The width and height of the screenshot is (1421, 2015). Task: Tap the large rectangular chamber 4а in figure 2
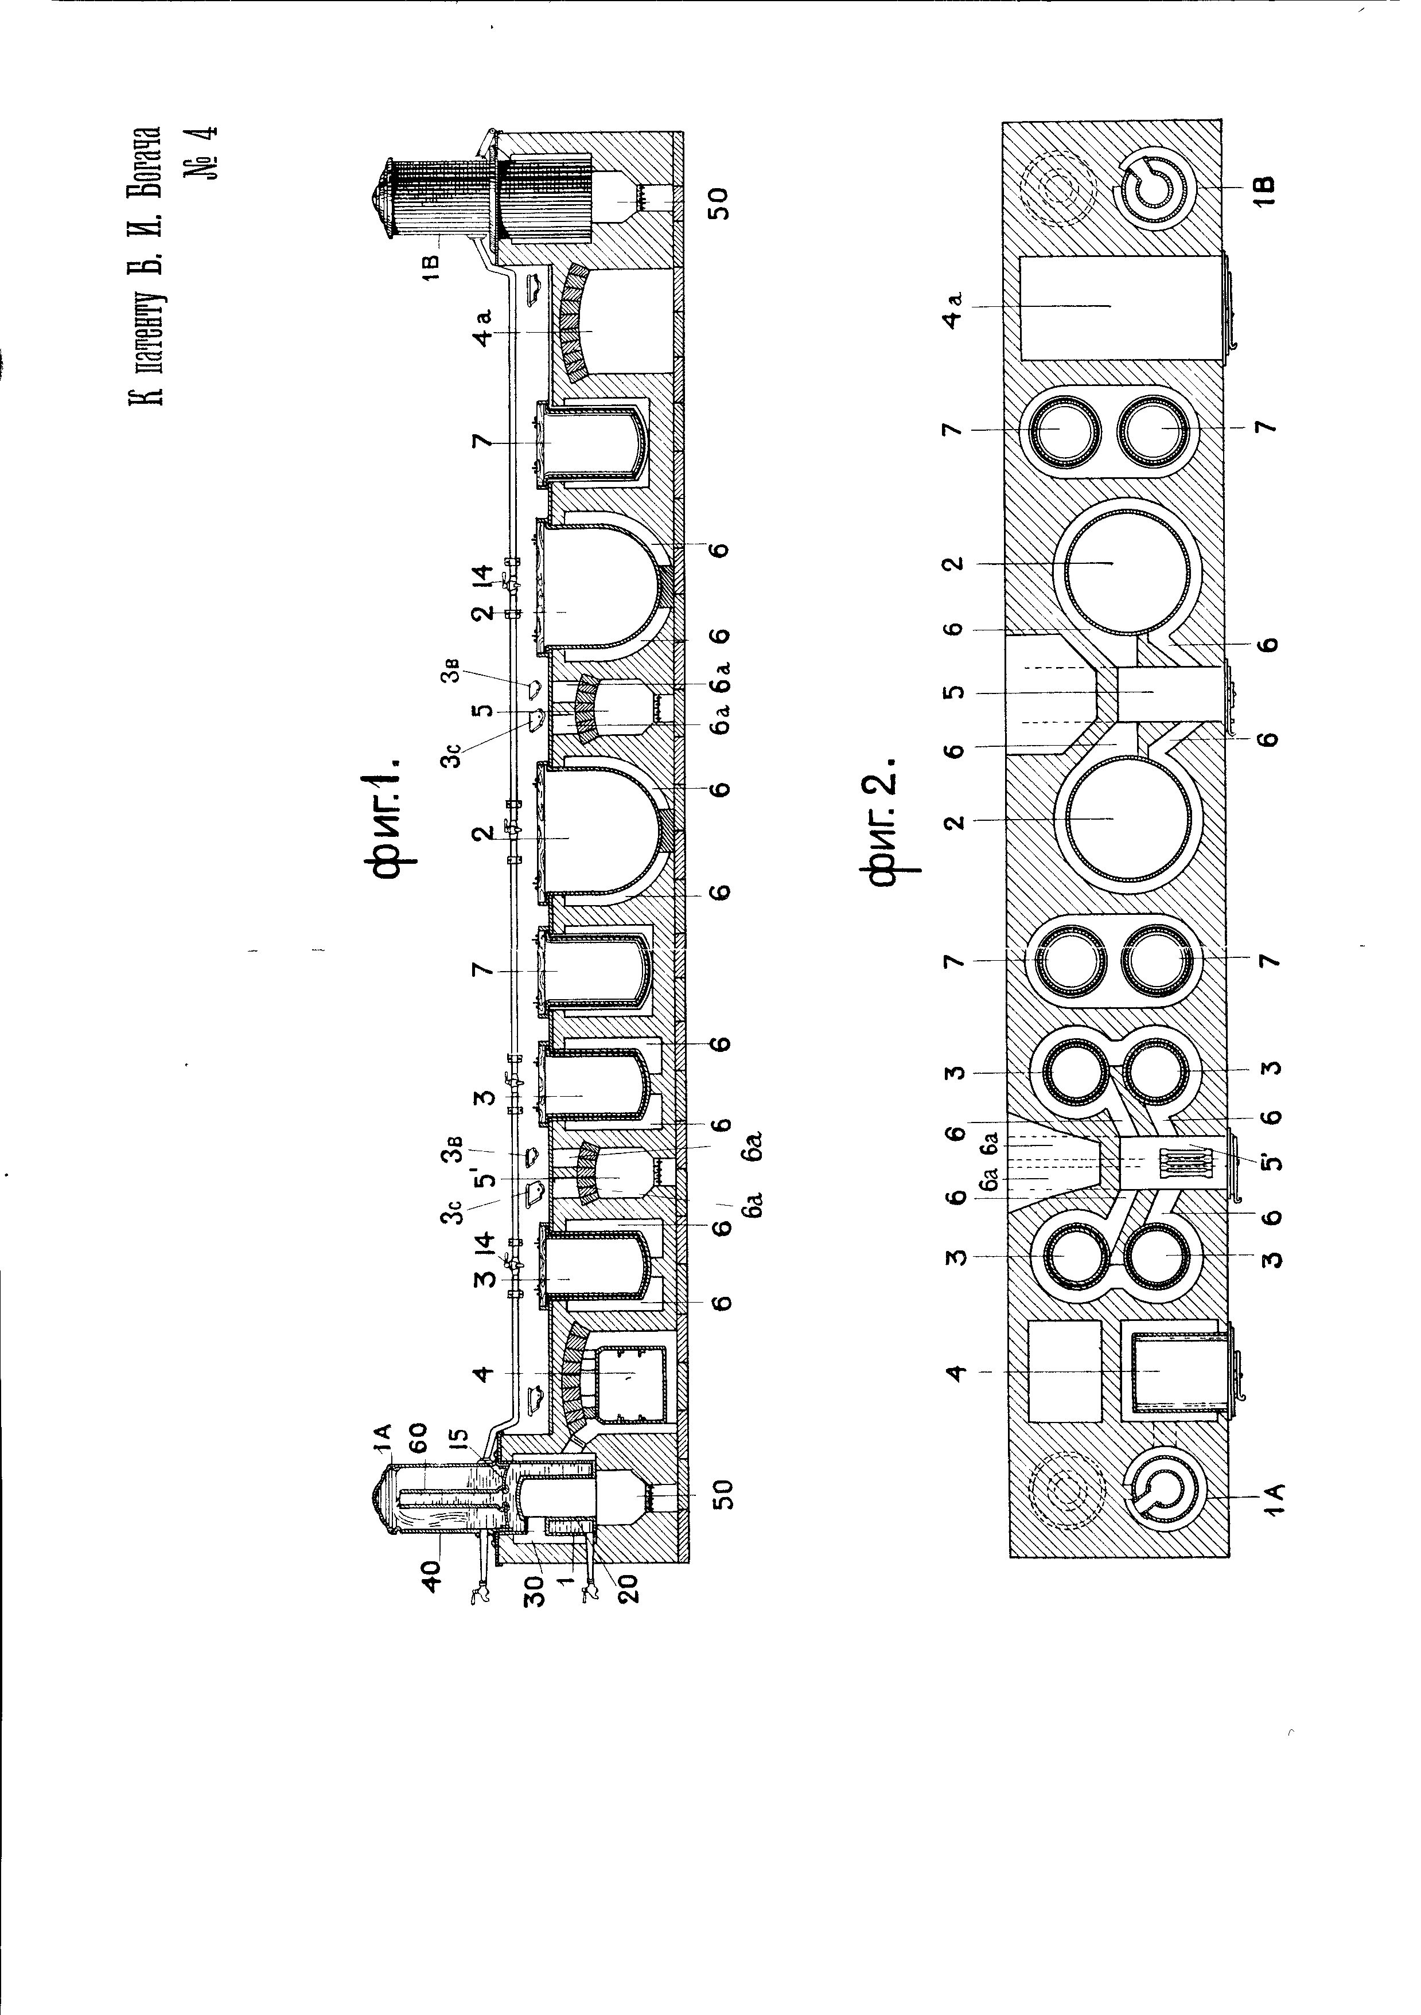pyautogui.click(x=1121, y=307)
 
